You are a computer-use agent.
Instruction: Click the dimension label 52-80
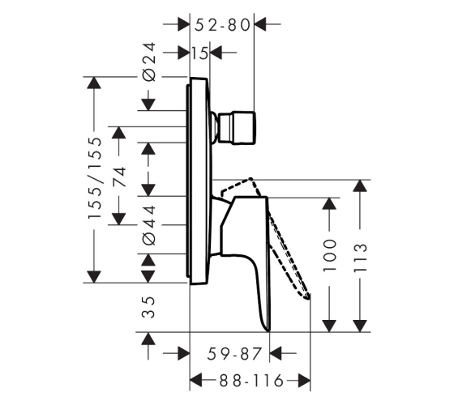pyautogui.click(x=222, y=25)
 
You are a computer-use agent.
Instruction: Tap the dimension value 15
pyautogui.click(x=199, y=53)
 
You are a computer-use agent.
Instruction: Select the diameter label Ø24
pyautogui.click(x=149, y=62)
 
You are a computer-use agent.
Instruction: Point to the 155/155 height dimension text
pyautogui.click(x=96, y=177)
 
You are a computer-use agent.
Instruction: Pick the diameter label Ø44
pyautogui.click(x=149, y=226)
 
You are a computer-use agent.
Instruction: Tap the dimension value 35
pyautogui.click(x=149, y=307)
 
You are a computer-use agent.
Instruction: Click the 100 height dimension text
pyautogui.click(x=330, y=255)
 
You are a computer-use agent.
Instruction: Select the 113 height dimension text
pyautogui.click(x=361, y=258)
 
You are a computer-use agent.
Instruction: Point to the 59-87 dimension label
pyautogui.click(x=234, y=354)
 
